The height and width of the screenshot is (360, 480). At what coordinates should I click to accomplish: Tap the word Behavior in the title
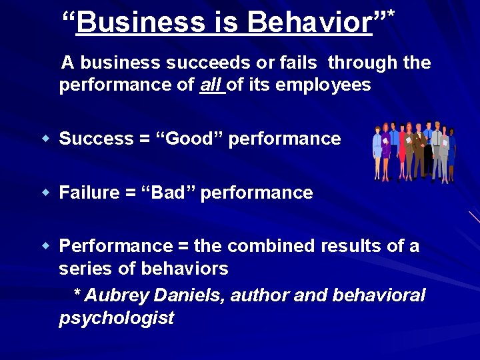[309, 23]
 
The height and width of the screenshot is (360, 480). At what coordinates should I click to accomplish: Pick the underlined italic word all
[212, 85]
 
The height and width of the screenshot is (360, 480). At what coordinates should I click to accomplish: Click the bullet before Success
[46, 139]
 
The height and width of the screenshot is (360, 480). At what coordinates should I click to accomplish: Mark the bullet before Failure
[46, 193]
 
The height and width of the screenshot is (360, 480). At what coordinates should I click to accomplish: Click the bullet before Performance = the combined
[46, 246]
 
